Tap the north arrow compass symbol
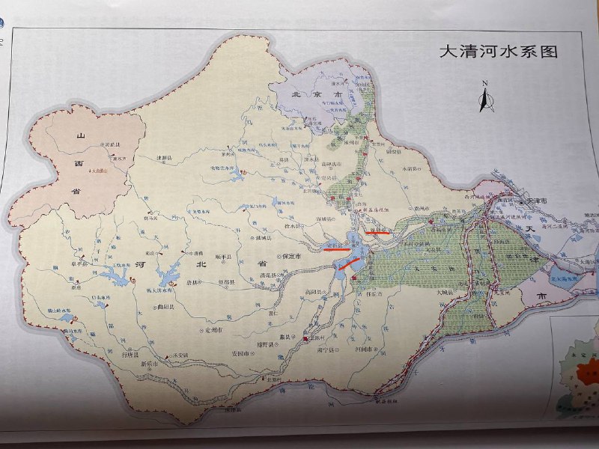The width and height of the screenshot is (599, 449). coord(484,97)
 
